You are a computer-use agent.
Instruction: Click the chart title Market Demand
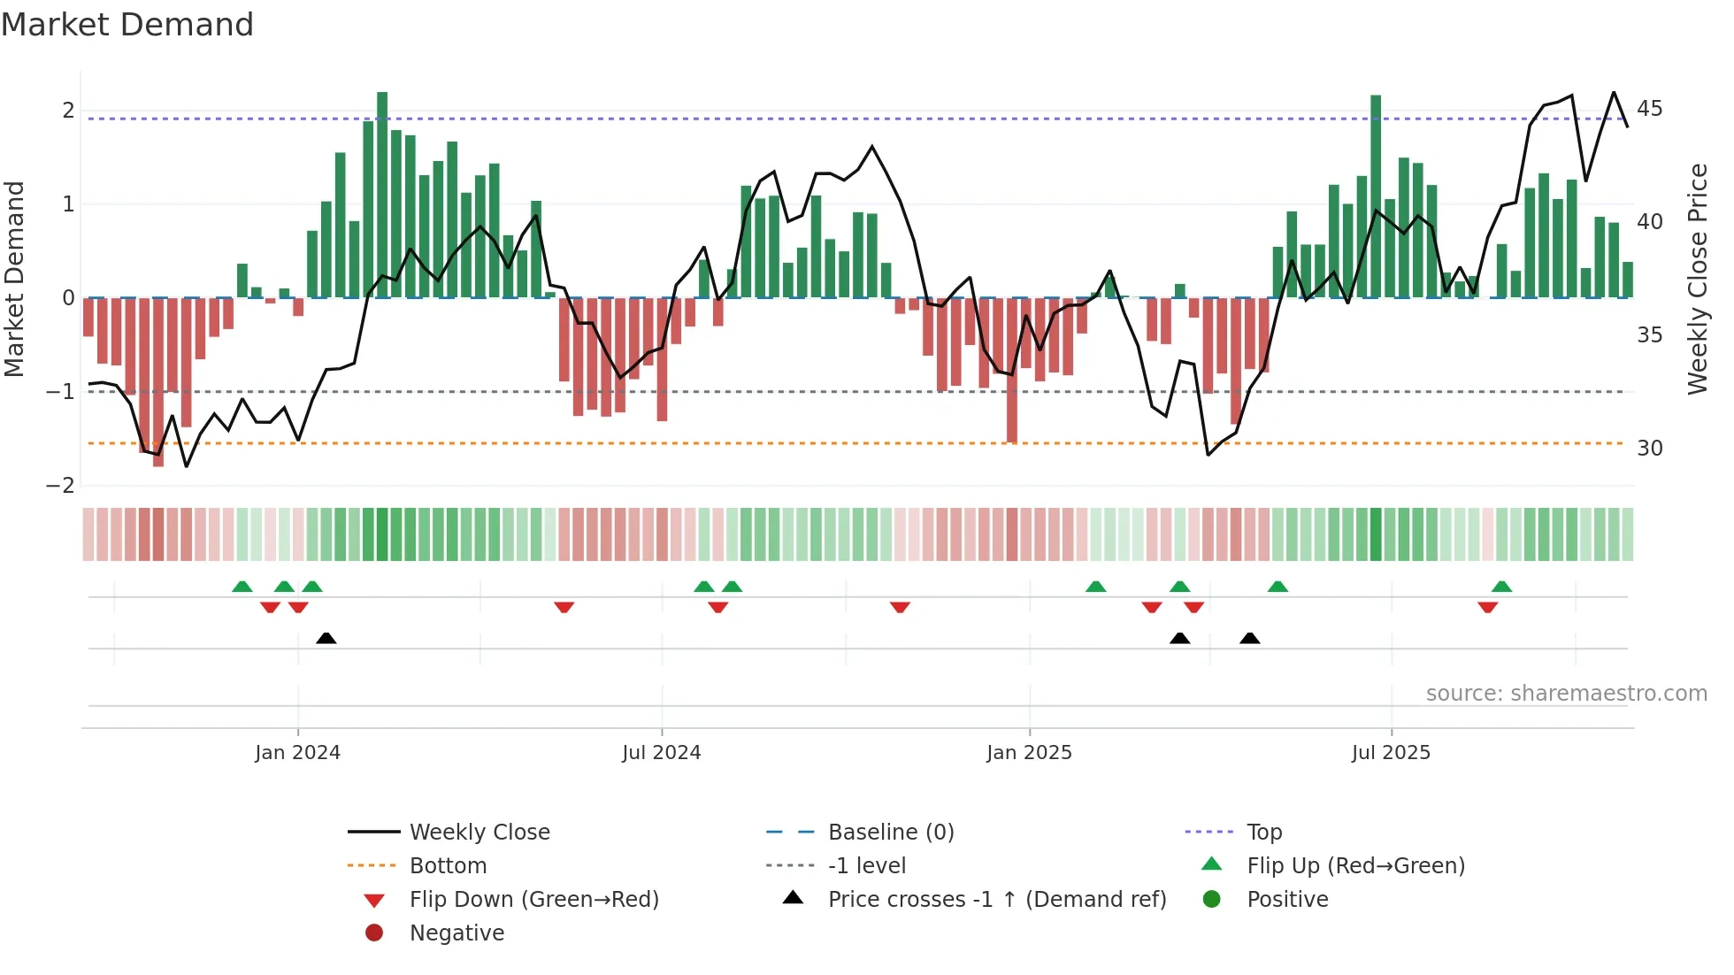coord(127,25)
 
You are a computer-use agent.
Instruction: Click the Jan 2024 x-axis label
coord(297,753)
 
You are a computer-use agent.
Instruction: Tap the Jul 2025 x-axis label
coord(1391,753)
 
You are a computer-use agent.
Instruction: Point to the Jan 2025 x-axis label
coord(1029,753)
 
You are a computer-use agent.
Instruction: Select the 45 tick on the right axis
coord(1649,109)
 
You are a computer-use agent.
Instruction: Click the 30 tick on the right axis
coord(1649,449)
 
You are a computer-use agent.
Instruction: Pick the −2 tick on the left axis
coord(61,486)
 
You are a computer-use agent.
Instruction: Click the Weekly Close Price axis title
coord(1697,279)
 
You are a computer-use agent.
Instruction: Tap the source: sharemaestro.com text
coord(1566,694)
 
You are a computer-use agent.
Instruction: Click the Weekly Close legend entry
coord(479,833)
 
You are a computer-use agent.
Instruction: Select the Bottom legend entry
coord(448,866)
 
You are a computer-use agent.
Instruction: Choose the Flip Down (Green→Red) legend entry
coord(533,900)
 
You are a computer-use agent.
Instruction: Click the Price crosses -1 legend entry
coord(996,900)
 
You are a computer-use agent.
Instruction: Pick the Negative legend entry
coord(457,933)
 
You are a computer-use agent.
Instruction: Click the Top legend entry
coord(1264,833)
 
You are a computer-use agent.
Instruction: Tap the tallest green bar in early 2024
coord(382,195)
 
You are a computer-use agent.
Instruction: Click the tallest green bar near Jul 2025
coord(1376,196)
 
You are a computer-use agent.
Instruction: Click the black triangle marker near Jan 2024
coord(326,639)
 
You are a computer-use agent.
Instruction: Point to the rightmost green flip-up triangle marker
coord(1501,587)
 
